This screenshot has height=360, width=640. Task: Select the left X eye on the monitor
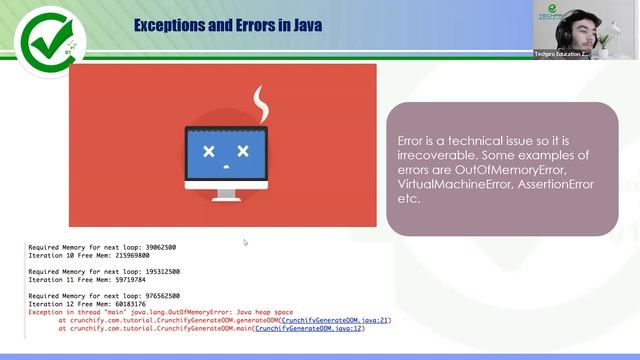click(x=209, y=152)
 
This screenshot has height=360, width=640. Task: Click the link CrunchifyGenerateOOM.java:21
click(x=335, y=319)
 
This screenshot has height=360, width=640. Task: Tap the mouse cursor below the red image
click(x=245, y=241)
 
